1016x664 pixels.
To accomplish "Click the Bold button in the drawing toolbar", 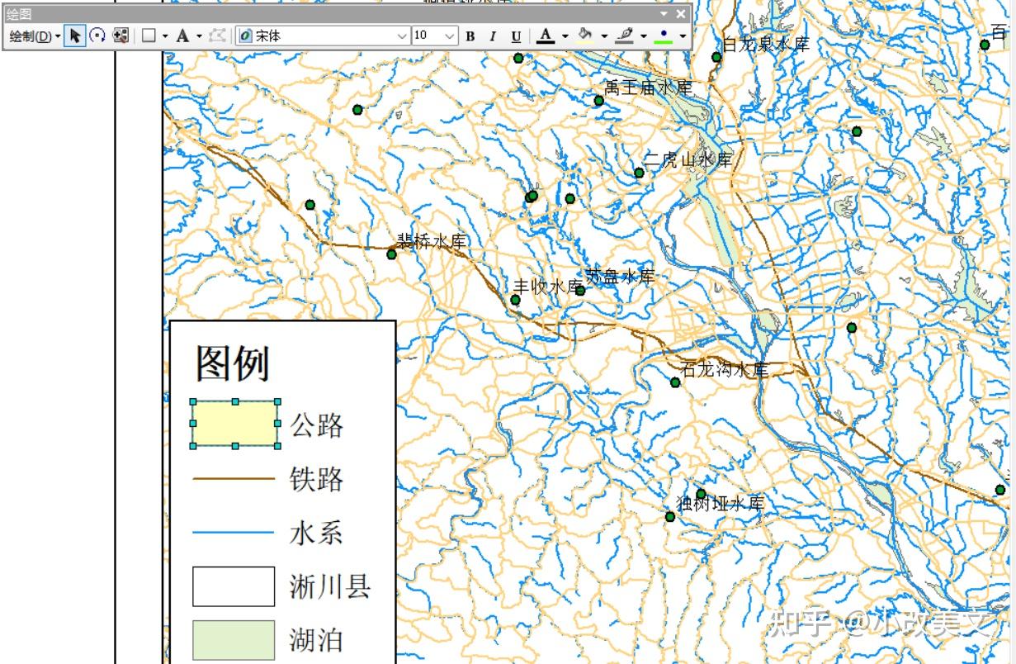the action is click(x=470, y=36).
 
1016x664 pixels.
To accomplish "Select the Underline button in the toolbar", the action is click(x=516, y=36).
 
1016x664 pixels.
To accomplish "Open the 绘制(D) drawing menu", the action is click(x=34, y=36).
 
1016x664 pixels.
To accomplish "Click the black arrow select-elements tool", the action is click(x=75, y=36).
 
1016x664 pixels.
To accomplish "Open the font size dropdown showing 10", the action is click(x=449, y=36).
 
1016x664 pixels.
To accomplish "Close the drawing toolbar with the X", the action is click(x=681, y=14).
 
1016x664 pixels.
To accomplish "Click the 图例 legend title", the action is click(x=233, y=363).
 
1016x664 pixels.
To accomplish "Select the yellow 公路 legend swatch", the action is click(x=235, y=424).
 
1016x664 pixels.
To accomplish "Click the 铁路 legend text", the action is click(x=316, y=479).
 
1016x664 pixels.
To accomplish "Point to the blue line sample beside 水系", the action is click(x=234, y=533).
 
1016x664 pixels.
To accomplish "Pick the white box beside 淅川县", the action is click(x=234, y=586).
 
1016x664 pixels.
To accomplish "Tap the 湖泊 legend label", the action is click(x=316, y=640).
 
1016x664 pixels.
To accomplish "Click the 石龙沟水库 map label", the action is click(x=725, y=369).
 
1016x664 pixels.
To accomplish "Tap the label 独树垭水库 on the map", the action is click(x=721, y=503).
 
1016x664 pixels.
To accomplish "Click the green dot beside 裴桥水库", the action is click(x=392, y=254).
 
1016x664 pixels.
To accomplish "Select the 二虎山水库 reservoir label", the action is click(x=688, y=160).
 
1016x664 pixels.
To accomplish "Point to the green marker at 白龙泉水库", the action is click(x=716, y=57).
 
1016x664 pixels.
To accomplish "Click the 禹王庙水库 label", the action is click(x=648, y=88).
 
